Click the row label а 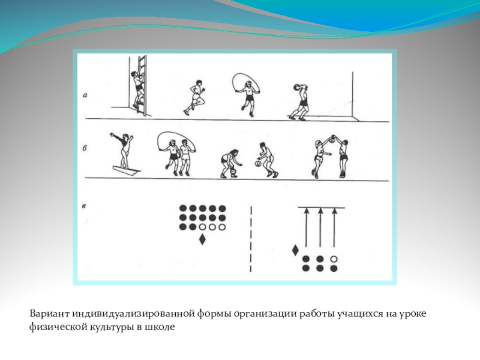point(85,95)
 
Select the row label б point(85,148)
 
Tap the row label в point(84,206)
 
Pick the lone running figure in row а point(194,97)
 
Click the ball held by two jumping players point(332,140)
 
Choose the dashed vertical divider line point(251,239)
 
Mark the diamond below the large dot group point(202,239)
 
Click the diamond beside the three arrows point(295,250)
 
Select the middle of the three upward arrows point(320,227)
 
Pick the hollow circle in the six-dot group point(334,259)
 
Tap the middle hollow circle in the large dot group point(212,227)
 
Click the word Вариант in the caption point(50,314)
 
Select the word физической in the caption point(58,327)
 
